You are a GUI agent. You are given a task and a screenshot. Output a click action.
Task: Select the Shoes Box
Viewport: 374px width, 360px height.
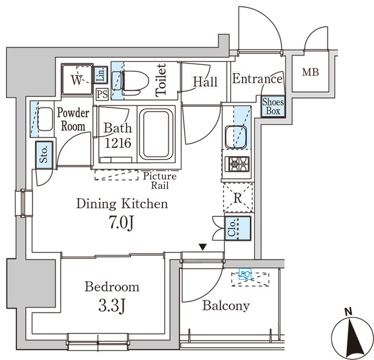(x=273, y=106)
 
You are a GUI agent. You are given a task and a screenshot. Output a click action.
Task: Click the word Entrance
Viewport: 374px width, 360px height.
(x=257, y=79)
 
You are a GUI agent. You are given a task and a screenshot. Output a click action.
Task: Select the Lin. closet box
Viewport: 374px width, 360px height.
(x=101, y=74)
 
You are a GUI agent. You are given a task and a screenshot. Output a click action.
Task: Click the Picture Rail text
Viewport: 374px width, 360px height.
(x=159, y=180)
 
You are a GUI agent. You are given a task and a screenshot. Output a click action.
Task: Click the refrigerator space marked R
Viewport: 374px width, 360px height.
(x=237, y=198)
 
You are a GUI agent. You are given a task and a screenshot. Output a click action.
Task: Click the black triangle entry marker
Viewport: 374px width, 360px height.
(x=202, y=248)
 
